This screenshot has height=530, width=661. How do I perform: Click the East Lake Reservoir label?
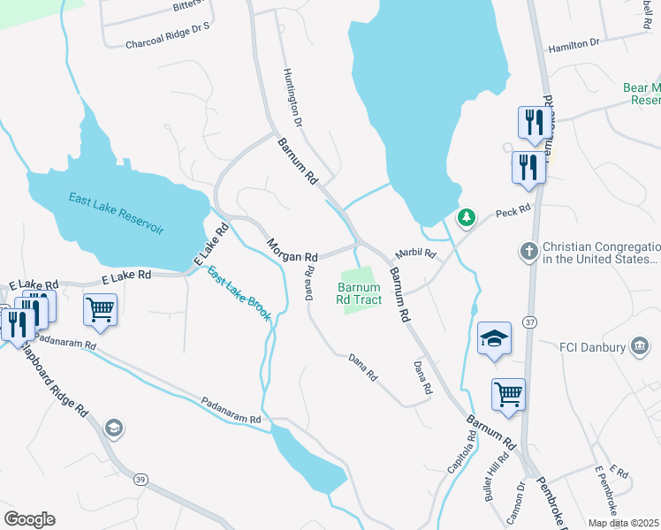(x=117, y=213)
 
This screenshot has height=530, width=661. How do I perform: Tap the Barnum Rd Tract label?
(x=360, y=294)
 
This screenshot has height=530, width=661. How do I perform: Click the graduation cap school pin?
(x=495, y=338)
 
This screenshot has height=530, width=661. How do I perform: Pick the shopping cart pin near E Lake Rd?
(x=101, y=310)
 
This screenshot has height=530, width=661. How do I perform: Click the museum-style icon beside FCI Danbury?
(x=639, y=345)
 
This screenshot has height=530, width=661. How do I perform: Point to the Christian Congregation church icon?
(x=529, y=250)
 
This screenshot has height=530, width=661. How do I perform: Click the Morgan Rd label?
(x=293, y=251)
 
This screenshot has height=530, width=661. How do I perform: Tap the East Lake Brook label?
(x=239, y=292)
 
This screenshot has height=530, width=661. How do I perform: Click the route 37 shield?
(x=528, y=322)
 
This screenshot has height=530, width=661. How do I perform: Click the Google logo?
(x=29, y=519)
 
